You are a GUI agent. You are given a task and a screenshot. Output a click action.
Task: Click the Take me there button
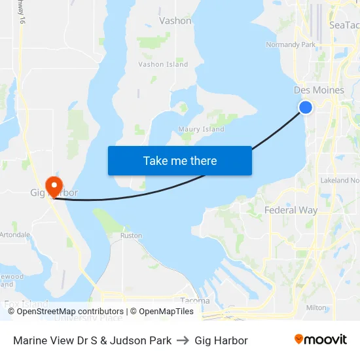[180, 160]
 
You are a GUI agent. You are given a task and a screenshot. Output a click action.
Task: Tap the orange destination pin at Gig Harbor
[53, 184]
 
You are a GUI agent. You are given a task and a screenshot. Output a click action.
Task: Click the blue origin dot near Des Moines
[305, 107]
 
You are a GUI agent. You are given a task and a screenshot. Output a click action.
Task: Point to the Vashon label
[175, 21]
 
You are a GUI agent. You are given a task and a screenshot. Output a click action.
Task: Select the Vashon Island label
[163, 64]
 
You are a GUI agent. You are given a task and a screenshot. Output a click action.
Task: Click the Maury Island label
[202, 129]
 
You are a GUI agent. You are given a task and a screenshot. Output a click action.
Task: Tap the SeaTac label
[344, 25]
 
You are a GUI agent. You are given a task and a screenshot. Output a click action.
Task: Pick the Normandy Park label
[290, 45]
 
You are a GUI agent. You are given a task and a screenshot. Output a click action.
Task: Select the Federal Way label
[291, 210]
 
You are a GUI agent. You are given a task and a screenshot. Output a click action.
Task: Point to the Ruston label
[132, 235]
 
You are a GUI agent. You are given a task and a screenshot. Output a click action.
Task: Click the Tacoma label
[194, 301]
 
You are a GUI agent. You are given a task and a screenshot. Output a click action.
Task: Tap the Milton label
[316, 307]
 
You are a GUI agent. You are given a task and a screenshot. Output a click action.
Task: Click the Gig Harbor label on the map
[54, 193]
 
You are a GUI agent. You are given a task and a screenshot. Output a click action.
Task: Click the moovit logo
[321, 340]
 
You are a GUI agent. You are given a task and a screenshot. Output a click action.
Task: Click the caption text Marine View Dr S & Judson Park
[92, 340]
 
